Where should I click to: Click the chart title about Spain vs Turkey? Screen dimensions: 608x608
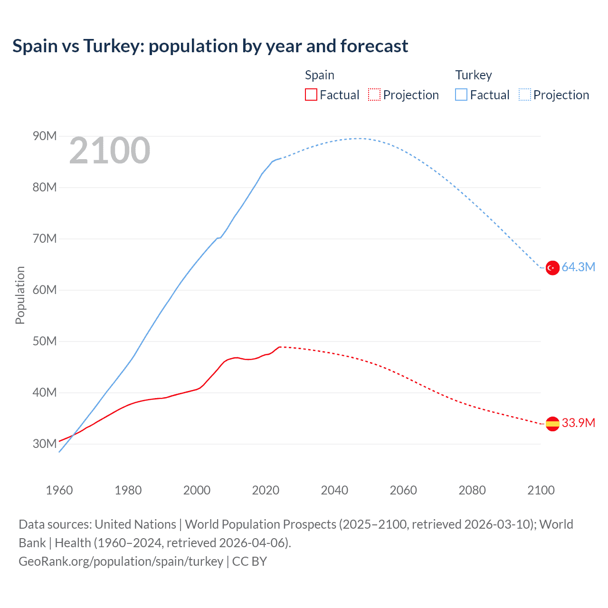click(210, 46)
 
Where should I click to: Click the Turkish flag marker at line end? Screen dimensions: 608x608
click(552, 268)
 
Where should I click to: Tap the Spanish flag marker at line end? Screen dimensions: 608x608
click(552, 424)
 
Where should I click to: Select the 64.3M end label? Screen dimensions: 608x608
click(578, 267)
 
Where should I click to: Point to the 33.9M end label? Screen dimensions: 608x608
click(578, 423)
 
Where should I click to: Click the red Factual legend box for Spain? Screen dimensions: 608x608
click(311, 95)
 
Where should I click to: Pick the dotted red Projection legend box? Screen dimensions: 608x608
click(374, 95)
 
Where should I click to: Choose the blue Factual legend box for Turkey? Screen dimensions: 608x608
click(461, 95)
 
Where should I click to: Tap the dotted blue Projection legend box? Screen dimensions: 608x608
click(525, 95)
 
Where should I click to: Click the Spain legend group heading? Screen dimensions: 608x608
click(320, 75)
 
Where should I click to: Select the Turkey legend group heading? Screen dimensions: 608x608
click(474, 75)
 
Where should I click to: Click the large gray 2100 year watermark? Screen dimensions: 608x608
click(110, 151)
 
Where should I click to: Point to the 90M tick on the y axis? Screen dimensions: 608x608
click(45, 136)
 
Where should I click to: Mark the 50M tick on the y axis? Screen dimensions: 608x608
click(45, 342)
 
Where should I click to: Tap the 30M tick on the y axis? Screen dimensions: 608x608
click(45, 444)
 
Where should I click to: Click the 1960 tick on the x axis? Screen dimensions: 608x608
click(59, 490)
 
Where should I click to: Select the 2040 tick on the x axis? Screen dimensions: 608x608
click(334, 490)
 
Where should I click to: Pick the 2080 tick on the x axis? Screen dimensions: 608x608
click(472, 490)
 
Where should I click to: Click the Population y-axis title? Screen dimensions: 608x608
click(20, 295)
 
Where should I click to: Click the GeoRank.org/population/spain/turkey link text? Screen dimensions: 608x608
click(121, 561)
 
